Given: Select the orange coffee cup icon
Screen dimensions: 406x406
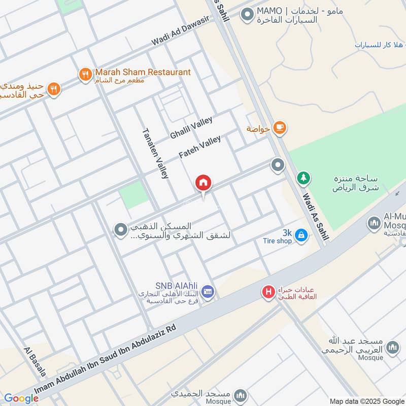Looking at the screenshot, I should tap(279, 128).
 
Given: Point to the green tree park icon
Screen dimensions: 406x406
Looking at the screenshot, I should tap(303, 178).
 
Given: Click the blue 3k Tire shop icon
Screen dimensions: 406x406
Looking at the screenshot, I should tap(301, 235).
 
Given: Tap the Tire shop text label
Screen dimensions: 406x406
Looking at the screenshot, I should tap(277, 241).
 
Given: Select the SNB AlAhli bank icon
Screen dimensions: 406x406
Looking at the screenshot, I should tap(208, 292).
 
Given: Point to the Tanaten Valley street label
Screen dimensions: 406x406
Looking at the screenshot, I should tap(155, 153).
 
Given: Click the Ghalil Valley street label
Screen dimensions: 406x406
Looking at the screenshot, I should tap(191, 127).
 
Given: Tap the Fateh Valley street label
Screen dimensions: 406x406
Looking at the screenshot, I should tap(200, 147).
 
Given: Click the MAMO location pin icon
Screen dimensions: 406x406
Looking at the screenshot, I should tap(247, 15).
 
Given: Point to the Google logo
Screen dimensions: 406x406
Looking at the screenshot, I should tap(21, 398).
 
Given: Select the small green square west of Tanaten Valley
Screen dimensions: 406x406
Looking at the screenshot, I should tap(134, 195).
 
